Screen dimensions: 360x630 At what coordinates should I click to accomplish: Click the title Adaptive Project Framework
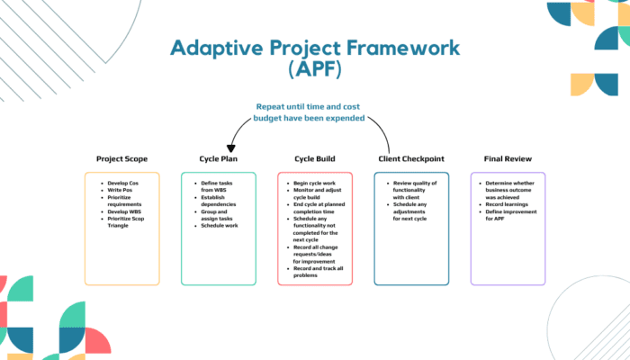[314, 47]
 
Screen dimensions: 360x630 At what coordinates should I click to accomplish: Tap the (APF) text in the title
[314, 70]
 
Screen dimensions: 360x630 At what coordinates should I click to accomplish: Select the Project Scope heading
[121, 159]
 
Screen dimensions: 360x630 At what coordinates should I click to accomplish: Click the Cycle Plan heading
[218, 159]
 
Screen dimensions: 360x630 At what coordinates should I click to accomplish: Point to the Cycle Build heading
[314, 159]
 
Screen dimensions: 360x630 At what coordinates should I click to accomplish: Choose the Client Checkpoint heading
[411, 159]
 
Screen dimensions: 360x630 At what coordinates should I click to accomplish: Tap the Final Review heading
[508, 159]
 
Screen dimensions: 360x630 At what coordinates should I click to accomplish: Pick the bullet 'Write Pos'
[120, 191]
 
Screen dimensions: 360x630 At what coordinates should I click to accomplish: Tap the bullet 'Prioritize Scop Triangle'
[126, 220]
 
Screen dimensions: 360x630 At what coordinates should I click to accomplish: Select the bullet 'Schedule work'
[220, 225]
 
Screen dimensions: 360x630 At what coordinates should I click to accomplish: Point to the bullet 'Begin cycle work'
[315, 183]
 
